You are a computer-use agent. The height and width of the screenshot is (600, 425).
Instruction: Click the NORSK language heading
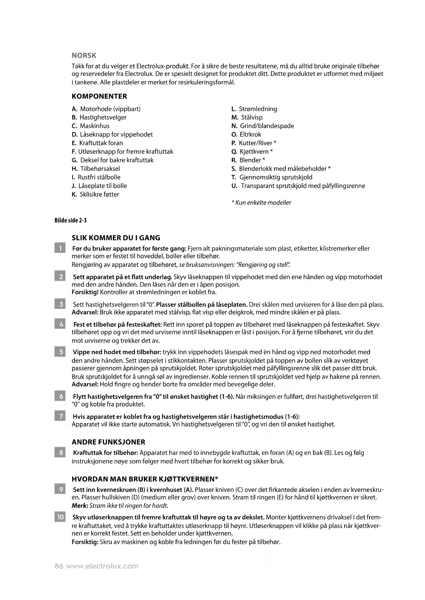pyautogui.click(x=84, y=55)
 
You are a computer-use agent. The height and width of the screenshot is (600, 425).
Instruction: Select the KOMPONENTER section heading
pyautogui.click(x=99, y=96)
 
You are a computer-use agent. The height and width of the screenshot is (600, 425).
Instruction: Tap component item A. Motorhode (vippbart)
pyautogui.click(x=106, y=109)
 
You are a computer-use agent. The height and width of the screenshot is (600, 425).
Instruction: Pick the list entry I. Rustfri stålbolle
pyautogui.click(x=96, y=177)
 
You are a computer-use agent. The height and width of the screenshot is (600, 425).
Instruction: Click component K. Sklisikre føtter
pyautogui.click(x=96, y=194)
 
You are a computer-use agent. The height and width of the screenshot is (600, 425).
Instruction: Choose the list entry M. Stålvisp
pyautogui.click(x=247, y=117)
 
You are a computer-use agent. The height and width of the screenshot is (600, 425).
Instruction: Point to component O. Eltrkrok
pyautogui.click(x=246, y=134)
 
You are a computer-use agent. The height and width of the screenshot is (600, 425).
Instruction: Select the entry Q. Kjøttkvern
pyautogui.click(x=252, y=152)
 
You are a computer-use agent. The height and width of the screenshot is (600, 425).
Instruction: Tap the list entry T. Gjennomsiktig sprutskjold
pyautogui.click(x=272, y=177)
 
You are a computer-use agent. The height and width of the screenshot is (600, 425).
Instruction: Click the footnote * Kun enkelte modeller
pyautogui.click(x=261, y=203)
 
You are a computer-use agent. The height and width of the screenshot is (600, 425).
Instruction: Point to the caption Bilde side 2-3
pyautogui.click(x=71, y=220)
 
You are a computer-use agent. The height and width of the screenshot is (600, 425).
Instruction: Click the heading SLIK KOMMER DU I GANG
pyautogui.click(x=116, y=238)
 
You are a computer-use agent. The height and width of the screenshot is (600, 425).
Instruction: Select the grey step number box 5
pyautogui.click(x=60, y=352)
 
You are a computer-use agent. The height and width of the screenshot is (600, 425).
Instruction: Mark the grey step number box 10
pyautogui.click(x=60, y=517)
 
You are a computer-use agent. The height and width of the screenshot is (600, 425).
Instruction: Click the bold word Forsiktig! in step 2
pyautogui.click(x=85, y=292)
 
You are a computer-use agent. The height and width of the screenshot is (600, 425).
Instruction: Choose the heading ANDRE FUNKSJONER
pyautogui.click(x=108, y=442)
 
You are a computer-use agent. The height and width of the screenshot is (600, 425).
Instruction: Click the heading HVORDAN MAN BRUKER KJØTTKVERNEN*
pyautogui.click(x=145, y=479)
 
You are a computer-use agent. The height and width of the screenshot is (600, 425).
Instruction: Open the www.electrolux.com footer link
pyautogui.click(x=102, y=566)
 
